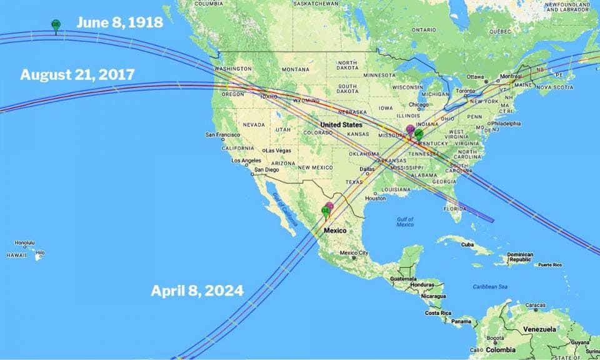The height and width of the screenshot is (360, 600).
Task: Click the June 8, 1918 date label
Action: [x=119, y=23]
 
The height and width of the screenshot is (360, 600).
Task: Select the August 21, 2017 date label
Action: [x=77, y=75]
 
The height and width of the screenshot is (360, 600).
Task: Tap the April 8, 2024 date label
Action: [x=197, y=291]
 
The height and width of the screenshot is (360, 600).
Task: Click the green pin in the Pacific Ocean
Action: [x=56, y=26]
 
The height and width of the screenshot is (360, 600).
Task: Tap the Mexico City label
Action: [x=357, y=253]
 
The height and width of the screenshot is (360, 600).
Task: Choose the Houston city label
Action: [x=376, y=198]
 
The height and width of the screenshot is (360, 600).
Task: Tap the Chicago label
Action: [x=418, y=105]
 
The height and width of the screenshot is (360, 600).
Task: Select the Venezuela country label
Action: [x=539, y=329]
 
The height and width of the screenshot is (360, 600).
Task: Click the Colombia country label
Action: [x=501, y=350]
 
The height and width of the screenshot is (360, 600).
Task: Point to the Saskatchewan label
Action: [x=316, y=3]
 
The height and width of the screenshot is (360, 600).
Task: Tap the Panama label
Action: [x=461, y=321]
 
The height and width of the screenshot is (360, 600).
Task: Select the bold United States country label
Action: [x=341, y=125]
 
